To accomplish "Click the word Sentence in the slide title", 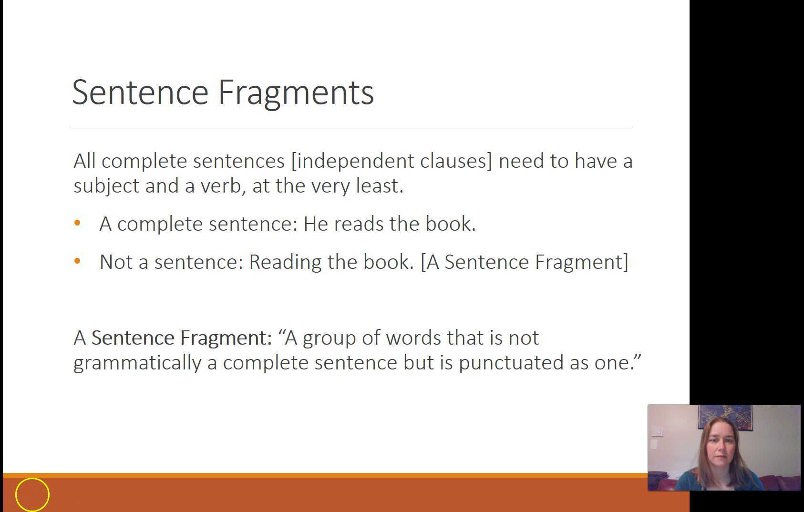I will pyautogui.click(x=140, y=92).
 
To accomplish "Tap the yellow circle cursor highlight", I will pyautogui.click(x=32, y=494).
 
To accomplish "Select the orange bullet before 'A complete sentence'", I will pyautogui.click(x=78, y=223).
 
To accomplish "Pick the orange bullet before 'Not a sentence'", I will pyautogui.click(x=78, y=261).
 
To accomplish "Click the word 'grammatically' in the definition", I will pyautogui.click(x=137, y=363).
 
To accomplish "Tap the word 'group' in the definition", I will pyautogui.click(x=329, y=338).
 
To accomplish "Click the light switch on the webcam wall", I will pyautogui.click(x=657, y=431).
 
